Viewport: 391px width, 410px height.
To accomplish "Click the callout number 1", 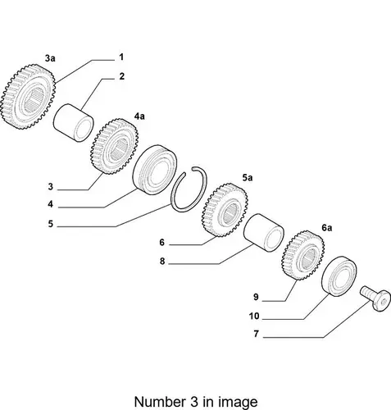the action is (121, 57).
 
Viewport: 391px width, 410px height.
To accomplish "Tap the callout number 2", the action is (122, 76).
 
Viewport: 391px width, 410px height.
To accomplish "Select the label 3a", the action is (50, 58).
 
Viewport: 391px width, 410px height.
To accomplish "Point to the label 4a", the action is (139, 116).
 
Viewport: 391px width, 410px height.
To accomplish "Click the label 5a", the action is (248, 178).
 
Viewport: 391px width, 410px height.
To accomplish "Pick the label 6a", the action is (326, 227).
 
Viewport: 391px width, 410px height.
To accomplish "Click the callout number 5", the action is (51, 224).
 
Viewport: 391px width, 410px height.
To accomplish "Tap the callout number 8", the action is (162, 262).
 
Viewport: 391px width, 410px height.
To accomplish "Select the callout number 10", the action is (254, 317).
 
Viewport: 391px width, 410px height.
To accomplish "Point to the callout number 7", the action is (256, 334).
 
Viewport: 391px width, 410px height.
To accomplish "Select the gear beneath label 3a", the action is (28, 97).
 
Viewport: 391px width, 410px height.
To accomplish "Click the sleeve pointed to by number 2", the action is (73, 122).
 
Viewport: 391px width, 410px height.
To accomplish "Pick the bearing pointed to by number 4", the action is (154, 170).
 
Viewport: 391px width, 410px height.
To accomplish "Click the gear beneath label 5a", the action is (225, 210).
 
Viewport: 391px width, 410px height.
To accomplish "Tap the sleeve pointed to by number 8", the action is (264, 233).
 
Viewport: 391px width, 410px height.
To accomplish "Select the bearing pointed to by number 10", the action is (339, 276).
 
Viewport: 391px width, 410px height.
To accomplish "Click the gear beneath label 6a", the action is (303, 255).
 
